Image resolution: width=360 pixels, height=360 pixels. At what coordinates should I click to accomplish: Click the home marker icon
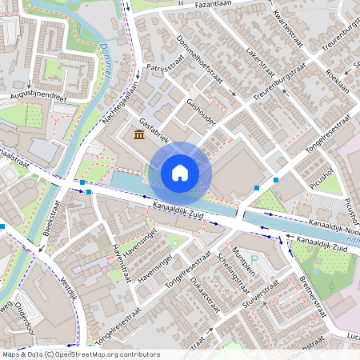tap(180, 172)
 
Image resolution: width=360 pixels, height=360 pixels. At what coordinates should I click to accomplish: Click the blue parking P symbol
tap(254, 260)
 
